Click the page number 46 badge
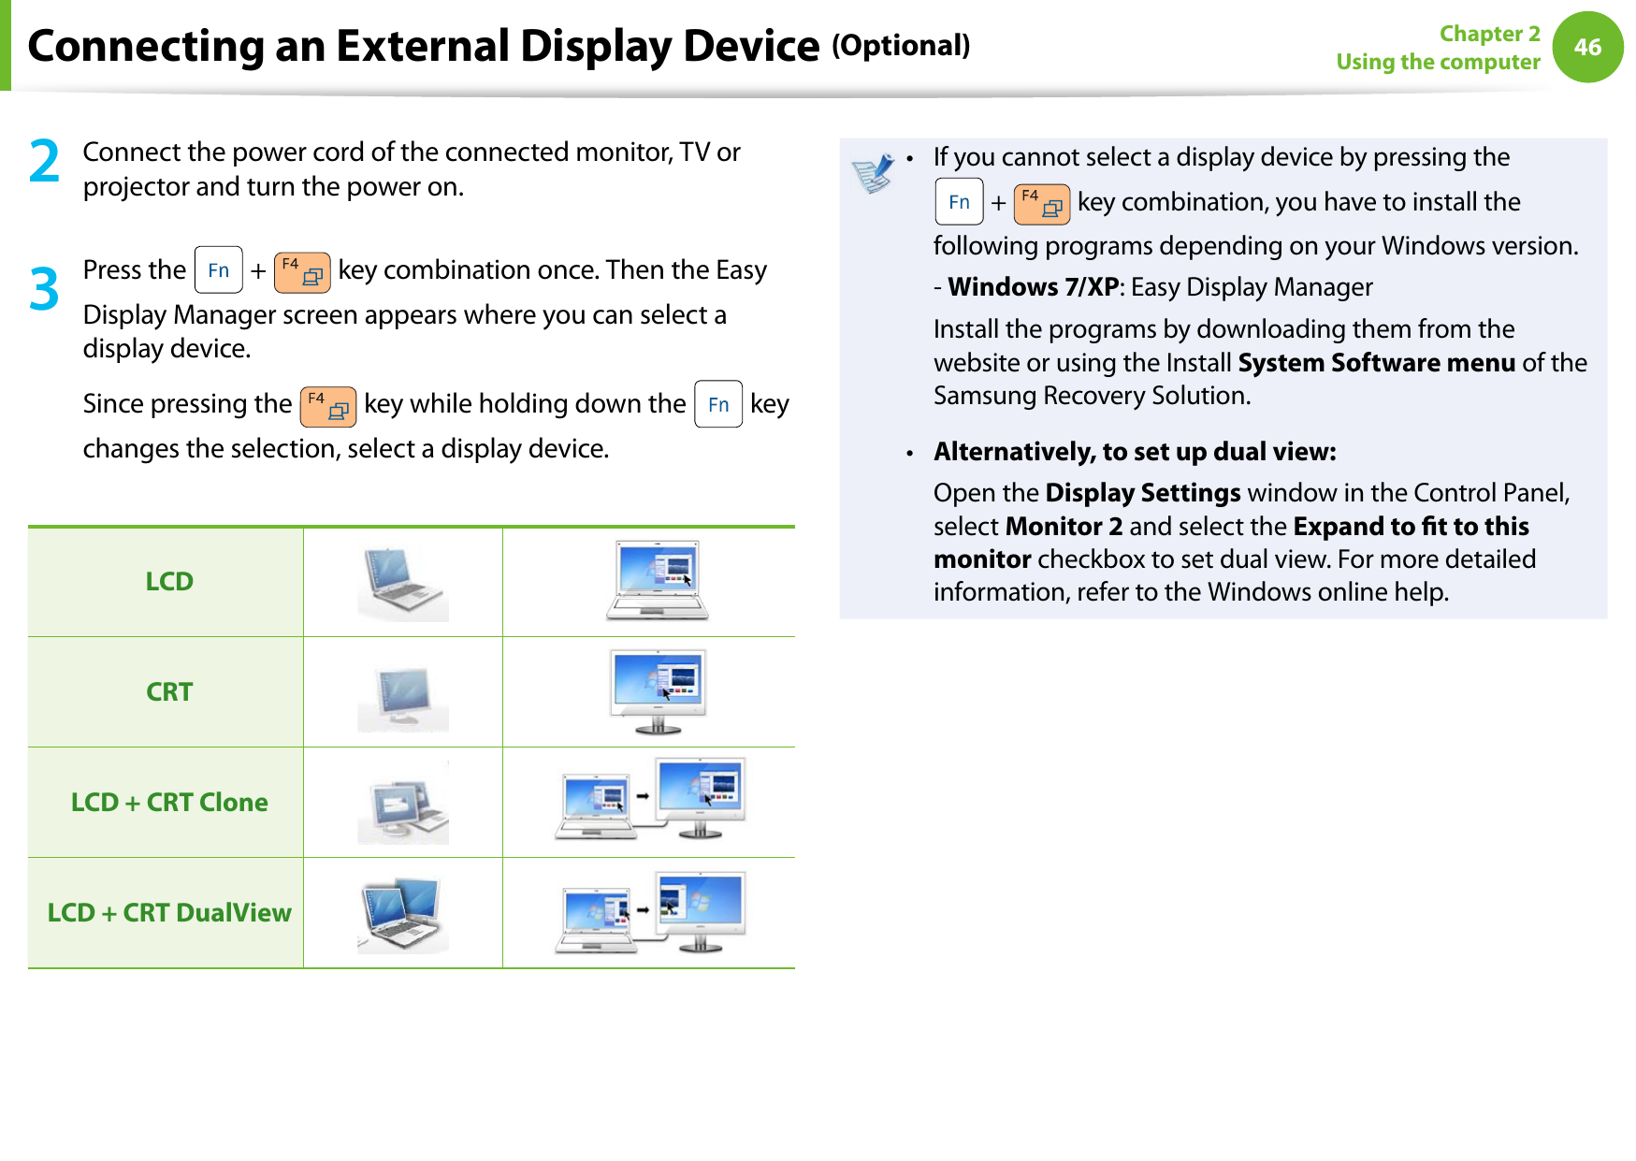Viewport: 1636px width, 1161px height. click(1587, 47)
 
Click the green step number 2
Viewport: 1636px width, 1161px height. click(44, 161)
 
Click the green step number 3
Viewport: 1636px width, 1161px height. click(44, 289)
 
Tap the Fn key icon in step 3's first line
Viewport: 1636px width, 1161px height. click(218, 270)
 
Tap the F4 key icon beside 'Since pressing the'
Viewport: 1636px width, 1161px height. click(327, 406)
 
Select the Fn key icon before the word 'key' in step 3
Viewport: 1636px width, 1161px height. click(717, 404)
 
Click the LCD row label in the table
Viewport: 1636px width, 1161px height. click(169, 582)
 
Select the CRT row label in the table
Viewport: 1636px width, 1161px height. click(169, 692)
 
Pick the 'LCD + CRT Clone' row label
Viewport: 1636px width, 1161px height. click(169, 803)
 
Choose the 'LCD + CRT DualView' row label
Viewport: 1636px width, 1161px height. click(169, 913)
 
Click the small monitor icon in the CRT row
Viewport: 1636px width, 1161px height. click(402, 698)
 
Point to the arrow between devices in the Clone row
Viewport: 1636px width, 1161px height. click(643, 796)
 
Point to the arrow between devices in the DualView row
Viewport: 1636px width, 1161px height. click(643, 908)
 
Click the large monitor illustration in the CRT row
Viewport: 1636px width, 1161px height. click(658, 690)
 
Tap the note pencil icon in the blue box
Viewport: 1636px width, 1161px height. click(873, 173)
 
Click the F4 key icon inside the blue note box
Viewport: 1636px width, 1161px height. click(1041, 204)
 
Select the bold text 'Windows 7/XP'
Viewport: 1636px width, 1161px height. click(1033, 287)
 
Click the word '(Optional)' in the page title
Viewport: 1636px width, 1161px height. click(901, 46)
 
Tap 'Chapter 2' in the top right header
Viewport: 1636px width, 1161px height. click(1489, 34)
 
